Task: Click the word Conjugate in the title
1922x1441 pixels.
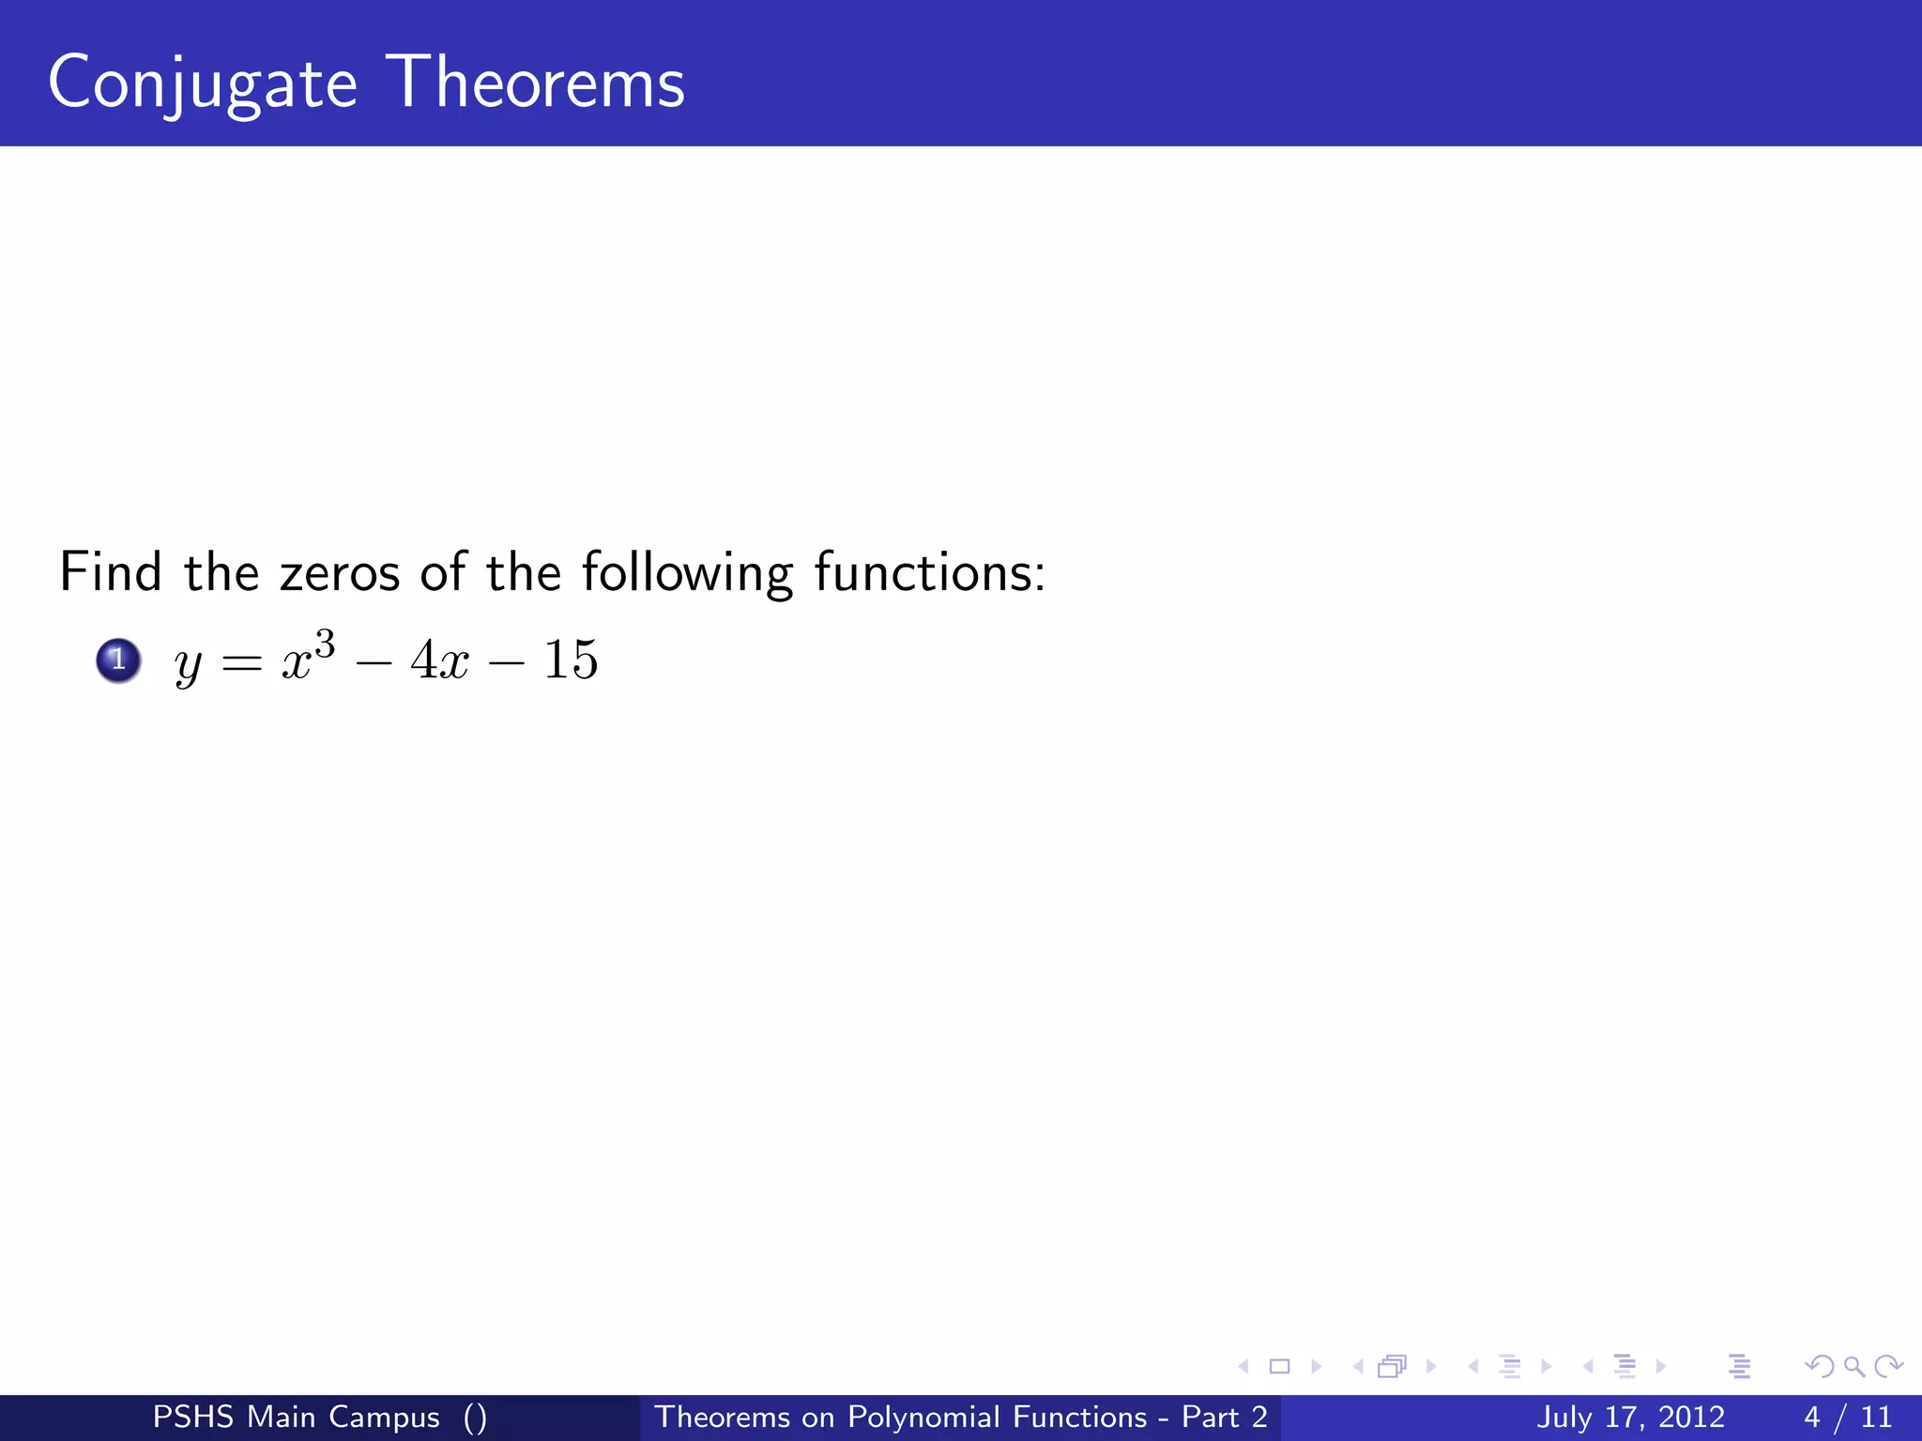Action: [202, 84]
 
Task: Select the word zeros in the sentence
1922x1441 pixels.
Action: [340, 573]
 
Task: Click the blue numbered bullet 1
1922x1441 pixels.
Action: [118, 660]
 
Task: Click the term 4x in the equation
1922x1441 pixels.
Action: [439, 660]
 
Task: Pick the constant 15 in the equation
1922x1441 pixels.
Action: [571, 660]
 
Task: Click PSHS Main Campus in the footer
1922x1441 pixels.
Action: [296, 1417]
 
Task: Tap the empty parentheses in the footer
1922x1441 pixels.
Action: [475, 1417]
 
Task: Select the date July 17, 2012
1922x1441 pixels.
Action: [1630, 1417]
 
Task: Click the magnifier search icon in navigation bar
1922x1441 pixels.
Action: [1853, 1367]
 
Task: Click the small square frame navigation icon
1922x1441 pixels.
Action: [1279, 1367]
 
